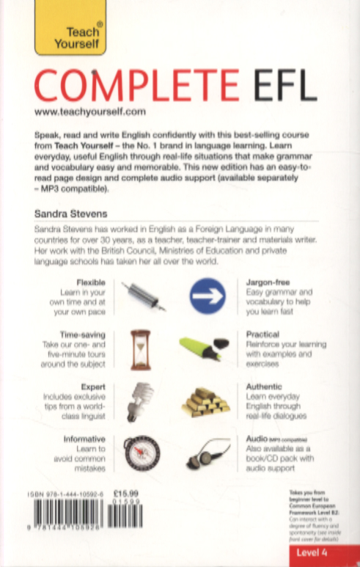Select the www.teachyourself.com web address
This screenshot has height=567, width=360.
(91, 111)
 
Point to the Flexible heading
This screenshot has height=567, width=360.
(91, 282)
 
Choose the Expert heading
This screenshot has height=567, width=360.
(95, 387)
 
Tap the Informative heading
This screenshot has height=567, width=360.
(86, 438)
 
